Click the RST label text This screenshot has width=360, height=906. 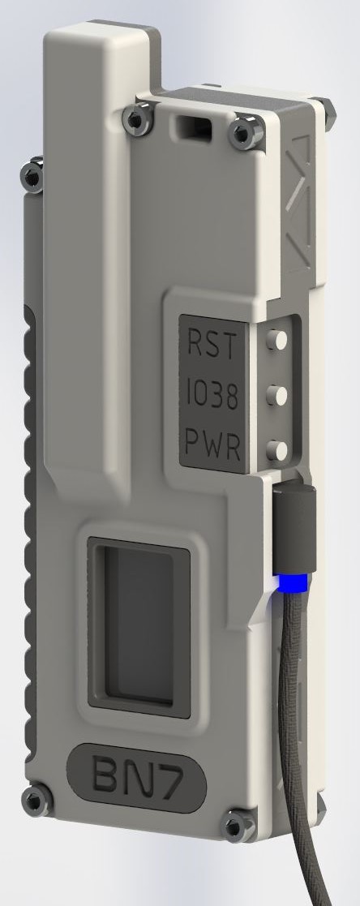point(212,345)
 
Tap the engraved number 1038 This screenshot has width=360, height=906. point(212,396)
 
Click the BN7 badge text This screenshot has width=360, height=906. point(138,777)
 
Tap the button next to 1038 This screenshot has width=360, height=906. point(276,396)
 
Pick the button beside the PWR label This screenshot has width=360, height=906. point(276,450)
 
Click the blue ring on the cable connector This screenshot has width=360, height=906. point(294,582)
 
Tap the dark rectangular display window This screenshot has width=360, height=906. point(138,628)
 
